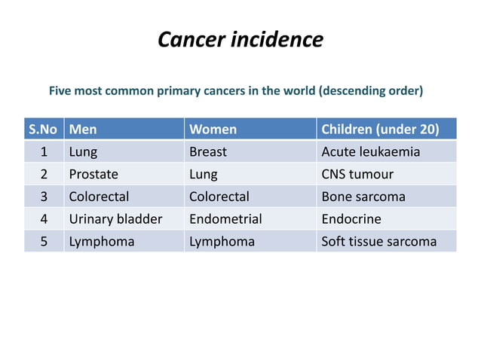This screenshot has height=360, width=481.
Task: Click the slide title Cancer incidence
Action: [x=240, y=39]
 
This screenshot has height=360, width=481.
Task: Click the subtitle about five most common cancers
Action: [x=236, y=91]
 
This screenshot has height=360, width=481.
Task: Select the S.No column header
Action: [x=44, y=129]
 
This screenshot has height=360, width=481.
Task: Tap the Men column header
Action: [x=83, y=129]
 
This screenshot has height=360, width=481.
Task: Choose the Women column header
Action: [x=213, y=129]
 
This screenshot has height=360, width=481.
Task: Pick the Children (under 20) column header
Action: [x=380, y=129]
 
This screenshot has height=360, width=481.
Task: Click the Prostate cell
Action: [x=93, y=174]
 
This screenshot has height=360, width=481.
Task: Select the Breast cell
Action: [x=207, y=151]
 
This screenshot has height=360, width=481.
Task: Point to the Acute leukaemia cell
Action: [x=370, y=151]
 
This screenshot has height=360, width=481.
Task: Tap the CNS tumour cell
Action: [x=357, y=174]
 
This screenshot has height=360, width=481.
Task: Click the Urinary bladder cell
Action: [x=115, y=219]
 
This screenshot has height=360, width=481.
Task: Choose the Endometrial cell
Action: [x=225, y=219]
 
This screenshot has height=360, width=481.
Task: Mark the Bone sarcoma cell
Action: [x=363, y=197]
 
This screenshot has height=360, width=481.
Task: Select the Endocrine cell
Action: [x=351, y=219]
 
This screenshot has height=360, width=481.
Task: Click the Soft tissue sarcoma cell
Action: [x=378, y=242]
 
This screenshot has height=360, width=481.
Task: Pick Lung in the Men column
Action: [x=83, y=151]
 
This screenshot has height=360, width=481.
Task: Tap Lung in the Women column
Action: [x=203, y=174]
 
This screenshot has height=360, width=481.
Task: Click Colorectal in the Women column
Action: [x=219, y=197]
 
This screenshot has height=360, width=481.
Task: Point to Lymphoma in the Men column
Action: [x=102, y=242]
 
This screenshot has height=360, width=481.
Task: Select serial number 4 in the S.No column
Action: [x=44, y=219]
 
